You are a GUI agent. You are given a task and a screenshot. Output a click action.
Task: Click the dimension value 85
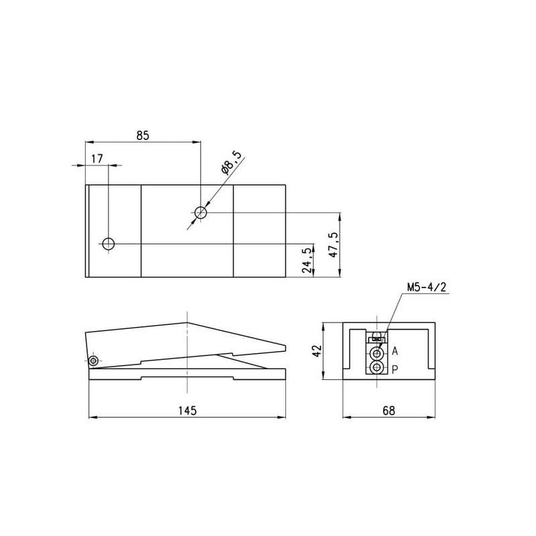click(143, 136)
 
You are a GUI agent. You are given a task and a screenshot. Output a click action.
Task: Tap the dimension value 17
click(96, 159)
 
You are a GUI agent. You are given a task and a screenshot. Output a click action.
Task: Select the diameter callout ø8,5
click(230, 162)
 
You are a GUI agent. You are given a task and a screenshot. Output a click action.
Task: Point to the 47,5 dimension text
click(333, 245)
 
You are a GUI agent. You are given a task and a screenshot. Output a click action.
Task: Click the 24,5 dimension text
click(308, 261)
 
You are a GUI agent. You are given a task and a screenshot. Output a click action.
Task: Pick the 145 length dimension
click(188, 410)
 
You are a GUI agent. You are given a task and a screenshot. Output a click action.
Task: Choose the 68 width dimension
click(389, 410)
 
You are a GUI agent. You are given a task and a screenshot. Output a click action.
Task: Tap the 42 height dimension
click(318, 351)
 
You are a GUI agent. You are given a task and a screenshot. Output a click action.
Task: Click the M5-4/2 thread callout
click(427, 287)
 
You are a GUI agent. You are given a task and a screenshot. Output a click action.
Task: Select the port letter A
click(395, 351)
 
